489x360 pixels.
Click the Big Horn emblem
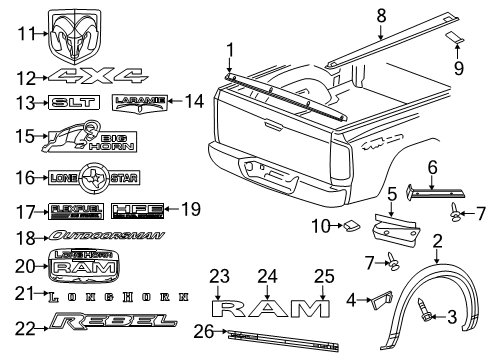click(x=82, y=137)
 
